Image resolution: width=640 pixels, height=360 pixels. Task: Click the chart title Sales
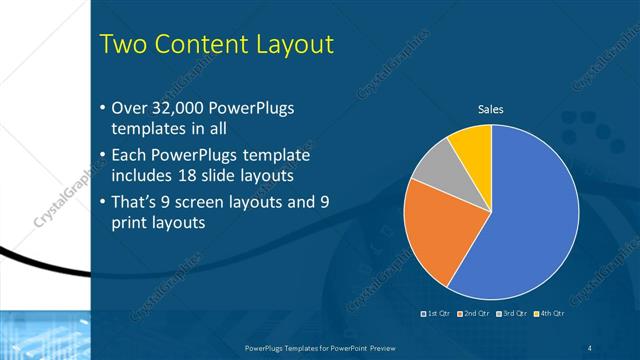coord(490,109)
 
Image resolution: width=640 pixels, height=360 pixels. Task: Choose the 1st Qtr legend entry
coord(437,315)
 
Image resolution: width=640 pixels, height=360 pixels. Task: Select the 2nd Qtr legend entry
coord(473,315)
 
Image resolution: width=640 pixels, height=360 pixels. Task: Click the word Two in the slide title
coord(127,45)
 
